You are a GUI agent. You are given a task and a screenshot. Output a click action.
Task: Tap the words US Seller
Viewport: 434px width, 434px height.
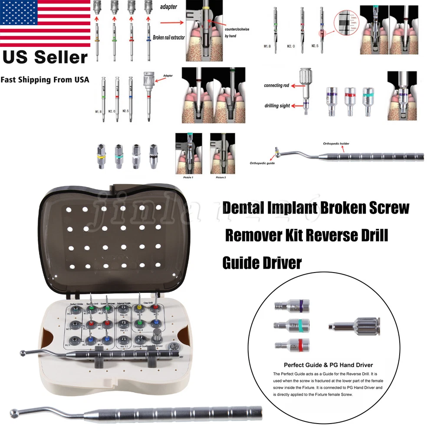point(45,57)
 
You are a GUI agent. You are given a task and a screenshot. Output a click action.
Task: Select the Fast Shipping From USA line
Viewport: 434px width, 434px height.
point(45,79)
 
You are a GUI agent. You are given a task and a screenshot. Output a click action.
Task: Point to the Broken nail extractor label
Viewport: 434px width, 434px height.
point(169,37)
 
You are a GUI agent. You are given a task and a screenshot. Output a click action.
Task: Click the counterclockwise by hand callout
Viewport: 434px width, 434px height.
point(237,33)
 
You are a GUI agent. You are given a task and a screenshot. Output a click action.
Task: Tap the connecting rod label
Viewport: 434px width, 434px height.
point(276,85)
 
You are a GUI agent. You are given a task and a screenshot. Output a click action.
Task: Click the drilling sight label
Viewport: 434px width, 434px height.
point(276,105)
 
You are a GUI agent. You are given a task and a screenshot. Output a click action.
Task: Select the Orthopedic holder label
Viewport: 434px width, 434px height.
point(336,143)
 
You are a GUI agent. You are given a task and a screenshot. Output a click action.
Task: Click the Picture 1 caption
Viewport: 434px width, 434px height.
point(183,178)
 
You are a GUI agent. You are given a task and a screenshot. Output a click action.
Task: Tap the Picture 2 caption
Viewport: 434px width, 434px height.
point(220,178)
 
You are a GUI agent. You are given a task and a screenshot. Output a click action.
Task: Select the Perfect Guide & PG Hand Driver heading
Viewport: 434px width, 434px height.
point(328,365)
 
